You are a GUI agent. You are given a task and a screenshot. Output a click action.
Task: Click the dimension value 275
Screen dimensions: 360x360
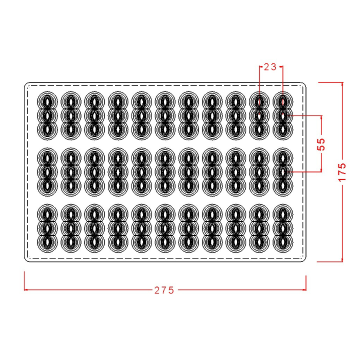(x=164, y=290)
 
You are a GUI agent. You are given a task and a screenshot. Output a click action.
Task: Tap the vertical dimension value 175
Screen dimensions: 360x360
(x=342, y=172)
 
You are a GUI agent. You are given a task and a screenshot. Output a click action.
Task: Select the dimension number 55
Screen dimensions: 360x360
(x=321, y=144)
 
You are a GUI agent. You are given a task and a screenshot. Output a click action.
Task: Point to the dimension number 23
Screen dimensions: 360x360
(x=270, y=67)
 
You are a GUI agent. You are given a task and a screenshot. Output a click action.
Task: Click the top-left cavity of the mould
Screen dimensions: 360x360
(x=47, y=101)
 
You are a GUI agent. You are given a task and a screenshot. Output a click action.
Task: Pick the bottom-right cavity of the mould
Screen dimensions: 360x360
(x=283, y=242)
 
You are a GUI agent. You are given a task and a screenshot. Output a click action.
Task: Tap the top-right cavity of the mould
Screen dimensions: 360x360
(x=283, y=101)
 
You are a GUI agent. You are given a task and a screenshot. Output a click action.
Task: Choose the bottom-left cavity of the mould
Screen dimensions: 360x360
(x=47, y=242)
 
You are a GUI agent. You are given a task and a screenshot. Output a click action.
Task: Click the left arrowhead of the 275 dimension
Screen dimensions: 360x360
(x=25, y=289)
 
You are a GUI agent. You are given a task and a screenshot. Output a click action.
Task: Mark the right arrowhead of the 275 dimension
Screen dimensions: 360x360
(x=304, y=289)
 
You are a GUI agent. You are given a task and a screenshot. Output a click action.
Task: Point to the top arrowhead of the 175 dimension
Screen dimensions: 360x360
(x=342, y=84)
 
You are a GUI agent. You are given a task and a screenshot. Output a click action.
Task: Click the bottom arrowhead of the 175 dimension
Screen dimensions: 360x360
(x=342, y=259)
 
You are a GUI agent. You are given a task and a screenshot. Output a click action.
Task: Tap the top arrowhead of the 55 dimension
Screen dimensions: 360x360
(x=321, y=117)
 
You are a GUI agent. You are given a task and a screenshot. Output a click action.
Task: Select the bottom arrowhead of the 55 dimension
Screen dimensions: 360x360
(x=321, y=170)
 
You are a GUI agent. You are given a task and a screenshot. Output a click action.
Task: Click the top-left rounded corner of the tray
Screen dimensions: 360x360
(x=25, y=84)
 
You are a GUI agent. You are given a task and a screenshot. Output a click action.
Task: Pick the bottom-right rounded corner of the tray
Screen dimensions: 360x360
(x=304, y=260)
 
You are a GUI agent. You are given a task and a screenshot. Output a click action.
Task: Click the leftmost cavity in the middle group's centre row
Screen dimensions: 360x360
(x=47, y=172)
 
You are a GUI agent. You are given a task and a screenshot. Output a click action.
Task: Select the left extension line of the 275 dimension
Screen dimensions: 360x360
(x=24, y=281)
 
